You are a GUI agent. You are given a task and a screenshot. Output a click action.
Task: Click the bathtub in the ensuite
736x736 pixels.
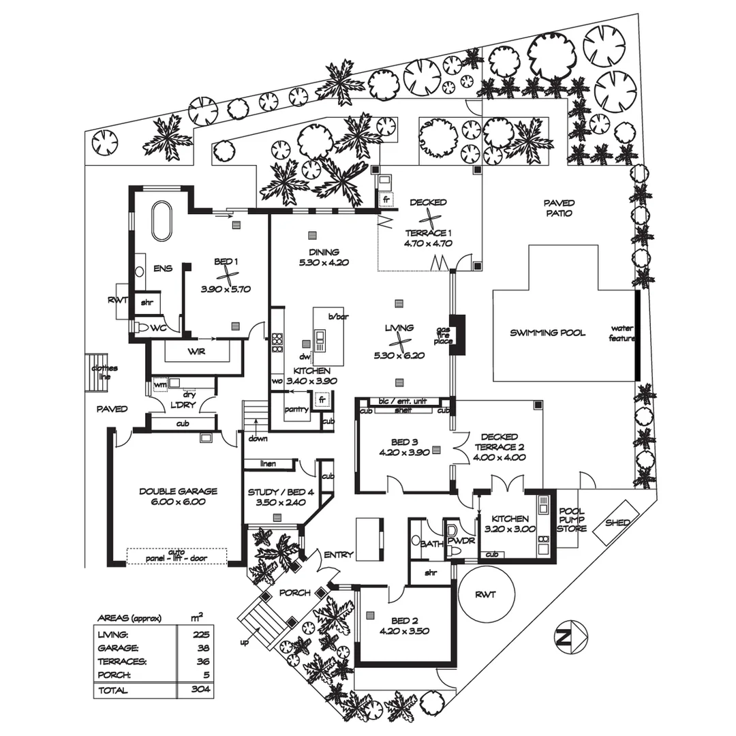[162, 221]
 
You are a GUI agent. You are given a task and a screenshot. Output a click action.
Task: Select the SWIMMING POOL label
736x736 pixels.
[547, 333]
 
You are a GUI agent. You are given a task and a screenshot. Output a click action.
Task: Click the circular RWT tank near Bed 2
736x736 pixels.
[486, 594]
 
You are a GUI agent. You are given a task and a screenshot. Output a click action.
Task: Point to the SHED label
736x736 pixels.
[618, 522]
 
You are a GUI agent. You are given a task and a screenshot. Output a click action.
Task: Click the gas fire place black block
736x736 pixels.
[459, 335]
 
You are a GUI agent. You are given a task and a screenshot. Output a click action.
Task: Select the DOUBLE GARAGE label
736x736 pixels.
[178, 491]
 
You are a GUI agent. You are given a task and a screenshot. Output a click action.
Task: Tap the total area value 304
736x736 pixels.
[200, 690]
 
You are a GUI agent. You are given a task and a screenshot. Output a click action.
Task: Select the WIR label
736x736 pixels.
[196, 352]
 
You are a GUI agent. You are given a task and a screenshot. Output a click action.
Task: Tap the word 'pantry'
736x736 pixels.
[297, 410]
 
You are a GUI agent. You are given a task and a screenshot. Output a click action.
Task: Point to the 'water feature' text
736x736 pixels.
[622, 333]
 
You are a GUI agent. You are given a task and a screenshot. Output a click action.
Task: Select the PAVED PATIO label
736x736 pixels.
[559, 208]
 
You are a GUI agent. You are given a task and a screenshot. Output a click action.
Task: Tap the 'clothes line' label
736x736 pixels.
[99, 372]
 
